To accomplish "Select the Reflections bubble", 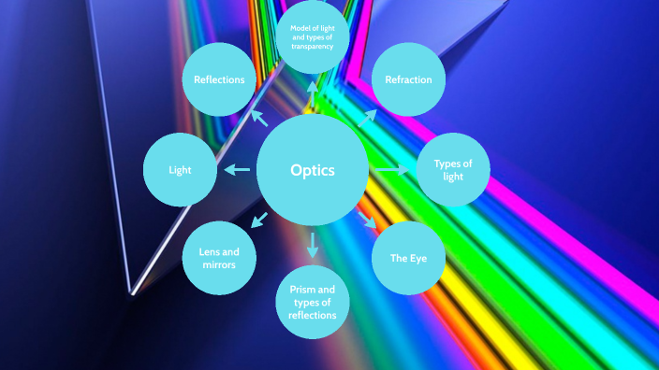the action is [x=219, y=80].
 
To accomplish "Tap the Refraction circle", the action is [x=408, y=80].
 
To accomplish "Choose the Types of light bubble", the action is [x=452, y=170].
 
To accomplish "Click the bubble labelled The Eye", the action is [x=408, y=257].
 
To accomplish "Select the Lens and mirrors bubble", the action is [x=219, y=258].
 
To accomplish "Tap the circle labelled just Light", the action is [x=180, y=170].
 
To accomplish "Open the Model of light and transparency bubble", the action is [x=313, y=38].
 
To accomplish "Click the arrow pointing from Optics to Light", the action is [x=237, y=170].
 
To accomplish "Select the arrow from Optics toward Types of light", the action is [x=392, y=170].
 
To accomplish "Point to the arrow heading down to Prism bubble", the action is [x=313, y=246].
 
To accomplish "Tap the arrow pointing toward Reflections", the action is [x=258, y=117].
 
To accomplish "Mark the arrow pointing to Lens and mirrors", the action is [x=258, y=221].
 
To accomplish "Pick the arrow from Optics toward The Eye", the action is [x=368, y=221].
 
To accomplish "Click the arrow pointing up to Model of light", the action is [x=313, y=93].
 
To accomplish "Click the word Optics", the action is [x=313, y=170].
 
